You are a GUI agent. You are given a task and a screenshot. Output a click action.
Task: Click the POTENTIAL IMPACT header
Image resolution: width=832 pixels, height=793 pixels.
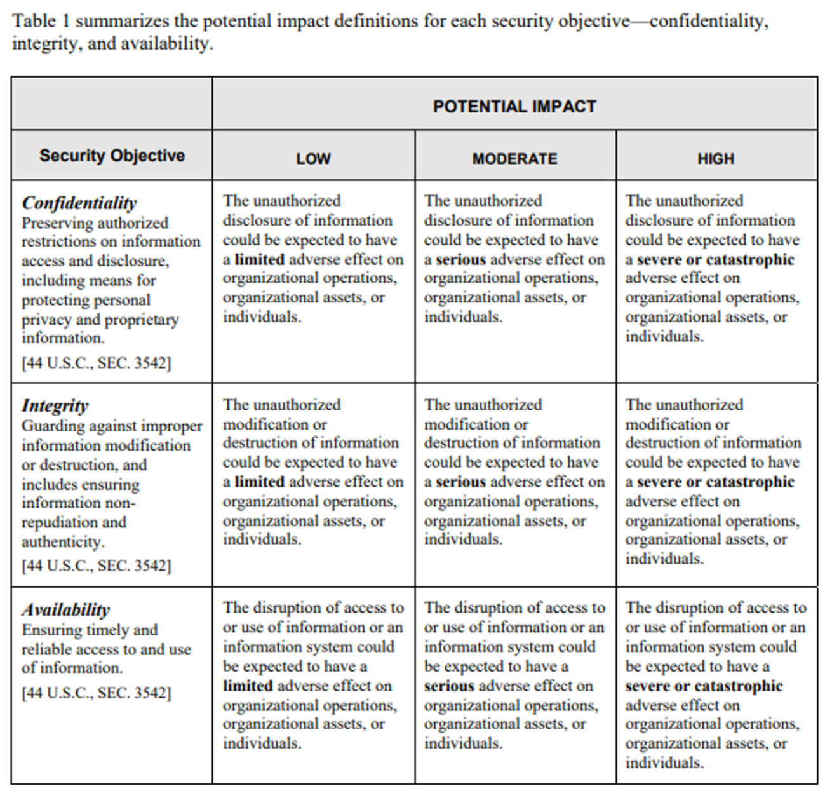click(x=514, y=106)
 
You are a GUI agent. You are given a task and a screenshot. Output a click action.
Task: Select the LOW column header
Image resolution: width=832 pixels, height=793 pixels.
click(x=313, y=159)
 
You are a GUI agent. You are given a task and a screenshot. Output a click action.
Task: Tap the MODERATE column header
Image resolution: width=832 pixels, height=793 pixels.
click(x=514, y=159)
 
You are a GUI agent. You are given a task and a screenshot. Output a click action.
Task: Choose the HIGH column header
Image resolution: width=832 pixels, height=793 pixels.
click(x=716, y=159)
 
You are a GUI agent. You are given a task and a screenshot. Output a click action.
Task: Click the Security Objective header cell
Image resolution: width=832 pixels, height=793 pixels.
click(x=112, y=156)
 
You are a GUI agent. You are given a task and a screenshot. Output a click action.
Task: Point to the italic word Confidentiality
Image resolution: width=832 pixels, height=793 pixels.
click(x=79, y=203)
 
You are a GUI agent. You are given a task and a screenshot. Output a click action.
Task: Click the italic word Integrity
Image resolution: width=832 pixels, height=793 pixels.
click(x=55, y=405)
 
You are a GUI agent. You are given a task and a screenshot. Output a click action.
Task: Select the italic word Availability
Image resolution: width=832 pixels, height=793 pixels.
click(x=66, y=610)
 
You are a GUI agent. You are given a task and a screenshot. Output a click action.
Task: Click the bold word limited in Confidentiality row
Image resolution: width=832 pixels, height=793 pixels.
click(x=259, y=259)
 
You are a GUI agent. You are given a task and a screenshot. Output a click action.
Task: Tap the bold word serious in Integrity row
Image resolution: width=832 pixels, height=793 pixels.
click(x=460, y=482)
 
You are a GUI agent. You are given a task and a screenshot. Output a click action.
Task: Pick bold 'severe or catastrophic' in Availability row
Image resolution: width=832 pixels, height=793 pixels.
click(x=704, y=686)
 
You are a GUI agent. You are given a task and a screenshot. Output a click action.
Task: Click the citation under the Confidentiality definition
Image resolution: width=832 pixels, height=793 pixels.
click(x=97, y=363)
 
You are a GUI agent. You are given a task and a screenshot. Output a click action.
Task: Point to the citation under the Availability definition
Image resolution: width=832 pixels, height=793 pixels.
click(x=97, y=693)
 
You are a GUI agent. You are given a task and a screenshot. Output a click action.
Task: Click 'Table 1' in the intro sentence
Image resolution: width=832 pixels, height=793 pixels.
click(x=41, y=21)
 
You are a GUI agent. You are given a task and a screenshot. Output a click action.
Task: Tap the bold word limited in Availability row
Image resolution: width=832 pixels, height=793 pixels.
click(x=248, y=686)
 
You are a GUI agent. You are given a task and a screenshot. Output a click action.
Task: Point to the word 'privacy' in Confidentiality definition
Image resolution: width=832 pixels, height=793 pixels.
click(x=46, y=320)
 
